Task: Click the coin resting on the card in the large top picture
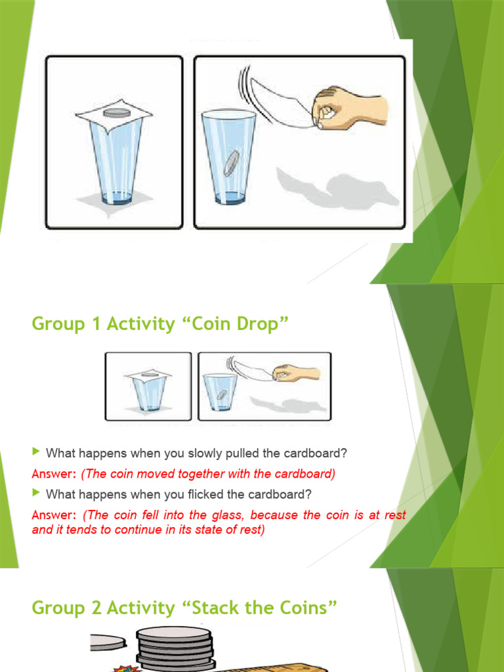point(117,113)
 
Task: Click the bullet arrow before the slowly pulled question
point(37,451)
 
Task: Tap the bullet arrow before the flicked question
point(37,492)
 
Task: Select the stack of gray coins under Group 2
point(175,648)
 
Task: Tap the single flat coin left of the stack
point(108,642)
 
